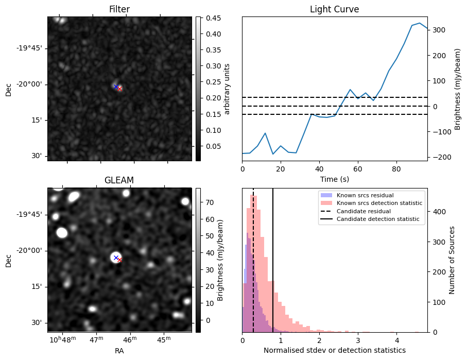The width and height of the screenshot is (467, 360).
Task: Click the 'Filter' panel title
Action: (119, 9)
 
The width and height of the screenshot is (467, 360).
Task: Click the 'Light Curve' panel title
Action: (334, 9)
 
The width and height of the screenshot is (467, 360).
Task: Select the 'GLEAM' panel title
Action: (119, 180)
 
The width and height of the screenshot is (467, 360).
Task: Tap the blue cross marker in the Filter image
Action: (116, 87)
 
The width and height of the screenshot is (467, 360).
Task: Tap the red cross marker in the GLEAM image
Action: (119, 260)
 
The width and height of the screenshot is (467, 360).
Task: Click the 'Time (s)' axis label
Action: (334, 178)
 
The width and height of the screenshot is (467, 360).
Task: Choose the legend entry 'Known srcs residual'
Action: (365, 196)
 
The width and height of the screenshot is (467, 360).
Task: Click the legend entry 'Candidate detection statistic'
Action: (378, 219)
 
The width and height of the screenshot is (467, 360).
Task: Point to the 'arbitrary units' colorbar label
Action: (227, 89)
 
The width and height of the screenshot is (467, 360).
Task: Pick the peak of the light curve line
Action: (420, 23)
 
